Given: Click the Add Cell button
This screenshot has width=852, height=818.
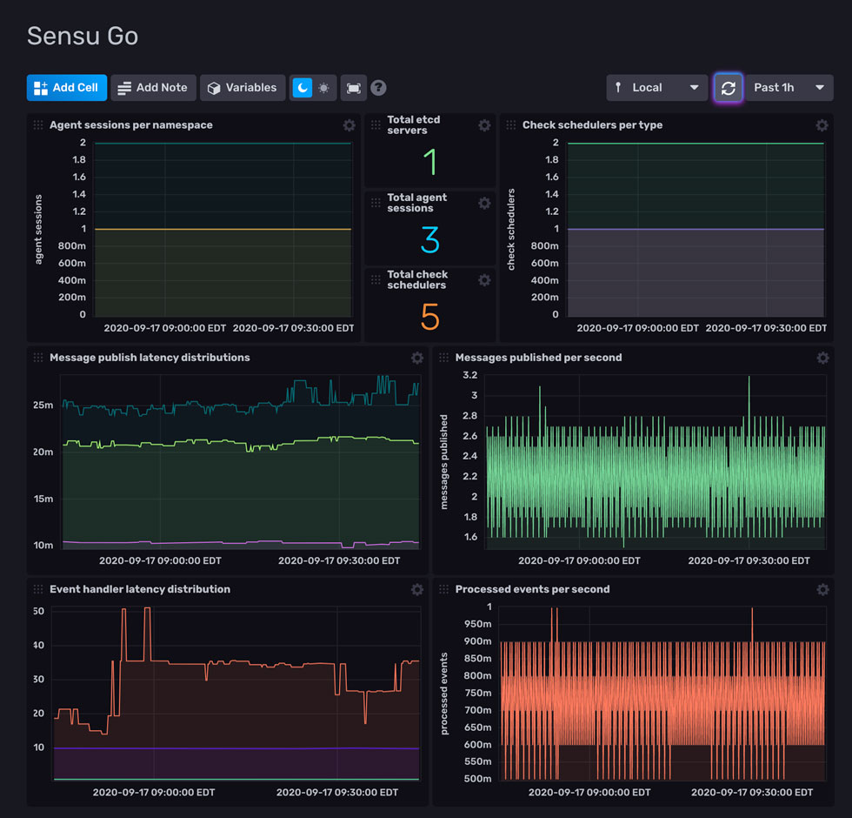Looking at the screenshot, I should coord(67,88).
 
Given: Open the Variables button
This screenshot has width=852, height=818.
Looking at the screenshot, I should coord(243,88).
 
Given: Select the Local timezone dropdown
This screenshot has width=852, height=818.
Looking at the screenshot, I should coord(656,88).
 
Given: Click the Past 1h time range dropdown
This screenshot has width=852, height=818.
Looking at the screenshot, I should coord(789,88).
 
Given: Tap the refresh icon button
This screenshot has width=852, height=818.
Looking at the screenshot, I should coord(729,88).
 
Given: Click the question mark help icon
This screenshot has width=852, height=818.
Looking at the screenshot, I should coord(378,88).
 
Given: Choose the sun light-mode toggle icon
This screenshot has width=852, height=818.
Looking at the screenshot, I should coord(324,88).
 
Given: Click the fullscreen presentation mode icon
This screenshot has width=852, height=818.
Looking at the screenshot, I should coord(353,88).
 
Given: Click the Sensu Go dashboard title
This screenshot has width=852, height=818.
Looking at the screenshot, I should coord(83,36).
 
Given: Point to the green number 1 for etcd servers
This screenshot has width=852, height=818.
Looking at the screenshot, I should coord(429,163).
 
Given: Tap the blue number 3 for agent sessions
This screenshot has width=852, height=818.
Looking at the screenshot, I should coord(429,240).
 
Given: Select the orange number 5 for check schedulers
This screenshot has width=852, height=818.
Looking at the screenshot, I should coord(429,318).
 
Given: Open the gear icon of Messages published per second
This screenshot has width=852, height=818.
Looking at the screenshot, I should coord(822,358).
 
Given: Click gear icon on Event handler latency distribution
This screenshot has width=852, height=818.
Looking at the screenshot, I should coord(417,589).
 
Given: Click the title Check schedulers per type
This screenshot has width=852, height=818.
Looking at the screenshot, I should coord(592,125).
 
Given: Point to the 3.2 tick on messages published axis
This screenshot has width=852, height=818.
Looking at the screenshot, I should coord(469,375).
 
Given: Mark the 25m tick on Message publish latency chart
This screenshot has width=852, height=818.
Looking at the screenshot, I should coord(43,406).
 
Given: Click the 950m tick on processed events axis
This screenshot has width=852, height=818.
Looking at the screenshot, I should coord(476,624).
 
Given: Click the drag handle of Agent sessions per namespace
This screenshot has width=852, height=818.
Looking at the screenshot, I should coord(38,125).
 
